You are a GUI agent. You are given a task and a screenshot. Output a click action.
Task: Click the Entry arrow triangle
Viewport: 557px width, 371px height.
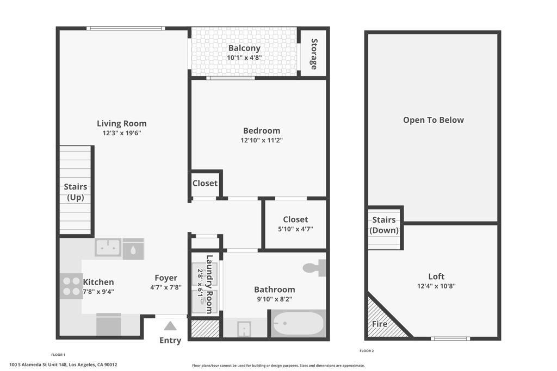point(170,326)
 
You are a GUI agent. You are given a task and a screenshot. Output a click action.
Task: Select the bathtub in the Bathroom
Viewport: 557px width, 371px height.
point(298,324)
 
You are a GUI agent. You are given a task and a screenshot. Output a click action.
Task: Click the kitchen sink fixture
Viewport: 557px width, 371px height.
point(108,247)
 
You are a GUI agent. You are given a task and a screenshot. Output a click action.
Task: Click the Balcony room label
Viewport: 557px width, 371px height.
point(244,48)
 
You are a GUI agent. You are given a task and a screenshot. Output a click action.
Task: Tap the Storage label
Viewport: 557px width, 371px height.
point(314,54)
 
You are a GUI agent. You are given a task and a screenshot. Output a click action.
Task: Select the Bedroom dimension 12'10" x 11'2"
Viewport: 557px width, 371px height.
point(262,140)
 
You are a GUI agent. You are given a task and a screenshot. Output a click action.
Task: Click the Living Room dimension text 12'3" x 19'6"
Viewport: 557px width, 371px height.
point(122,133)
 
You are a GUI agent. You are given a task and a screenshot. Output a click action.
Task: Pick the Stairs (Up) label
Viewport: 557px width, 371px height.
point(76,192)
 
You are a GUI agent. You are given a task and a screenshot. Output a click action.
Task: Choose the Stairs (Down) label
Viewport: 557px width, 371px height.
point(384,225)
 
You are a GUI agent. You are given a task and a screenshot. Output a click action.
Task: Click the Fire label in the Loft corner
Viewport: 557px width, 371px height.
point(380,324)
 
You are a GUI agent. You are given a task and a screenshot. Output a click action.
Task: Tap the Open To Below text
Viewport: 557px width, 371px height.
point(434,120)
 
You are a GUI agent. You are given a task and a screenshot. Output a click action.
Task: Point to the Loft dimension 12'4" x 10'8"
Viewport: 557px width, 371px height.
point(436,286)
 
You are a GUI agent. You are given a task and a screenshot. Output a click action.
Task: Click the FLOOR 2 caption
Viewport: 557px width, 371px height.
point(366,351)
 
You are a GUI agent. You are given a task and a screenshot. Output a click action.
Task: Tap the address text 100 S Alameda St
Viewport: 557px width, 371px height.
point(63,365)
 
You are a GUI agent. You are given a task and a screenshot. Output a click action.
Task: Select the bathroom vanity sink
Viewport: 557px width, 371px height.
point(244,328)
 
